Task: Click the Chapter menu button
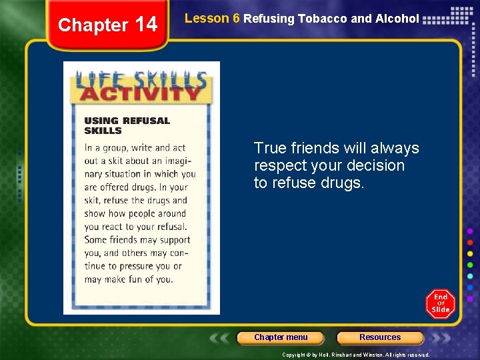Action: tap(281, 337)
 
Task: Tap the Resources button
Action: tap(380, 337)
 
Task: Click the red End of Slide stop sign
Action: tap(440, 303)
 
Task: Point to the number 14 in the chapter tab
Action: tap(146, 25)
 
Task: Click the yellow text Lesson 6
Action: tap(212, 19)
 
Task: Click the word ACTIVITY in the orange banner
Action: tap(140, 92)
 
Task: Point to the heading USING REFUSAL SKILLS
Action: tap(127, 125)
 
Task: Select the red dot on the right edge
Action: tap(470, 243)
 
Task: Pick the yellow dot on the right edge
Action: tap(470, 254)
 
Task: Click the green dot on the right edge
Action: tap(470, 265)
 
